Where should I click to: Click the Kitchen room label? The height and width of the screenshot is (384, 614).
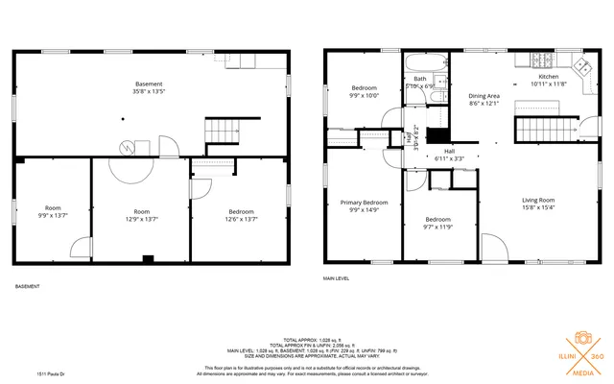548,76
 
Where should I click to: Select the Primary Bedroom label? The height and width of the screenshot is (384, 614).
364,203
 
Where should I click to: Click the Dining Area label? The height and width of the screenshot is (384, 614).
484,96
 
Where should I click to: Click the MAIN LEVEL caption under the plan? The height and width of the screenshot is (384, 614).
336,278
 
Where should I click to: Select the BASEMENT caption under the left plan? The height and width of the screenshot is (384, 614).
28,286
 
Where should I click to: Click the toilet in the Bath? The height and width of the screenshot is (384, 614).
437,93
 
